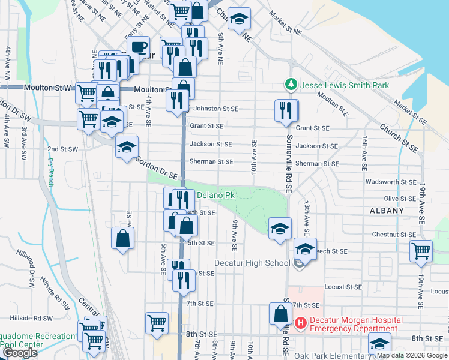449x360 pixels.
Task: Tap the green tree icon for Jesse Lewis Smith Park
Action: tap(291, 85)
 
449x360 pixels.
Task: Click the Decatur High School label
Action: tap(252, 263)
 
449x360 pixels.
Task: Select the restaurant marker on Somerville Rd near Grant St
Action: tap(286, 110)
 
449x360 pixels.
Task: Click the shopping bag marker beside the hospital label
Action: tap(281, 314)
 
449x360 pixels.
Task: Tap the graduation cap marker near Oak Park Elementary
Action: tap(379, 344)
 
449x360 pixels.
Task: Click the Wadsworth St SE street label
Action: tap(391, 182)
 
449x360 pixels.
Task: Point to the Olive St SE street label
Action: tap(400, 198)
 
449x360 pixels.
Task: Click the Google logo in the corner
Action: tap(20, 353)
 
